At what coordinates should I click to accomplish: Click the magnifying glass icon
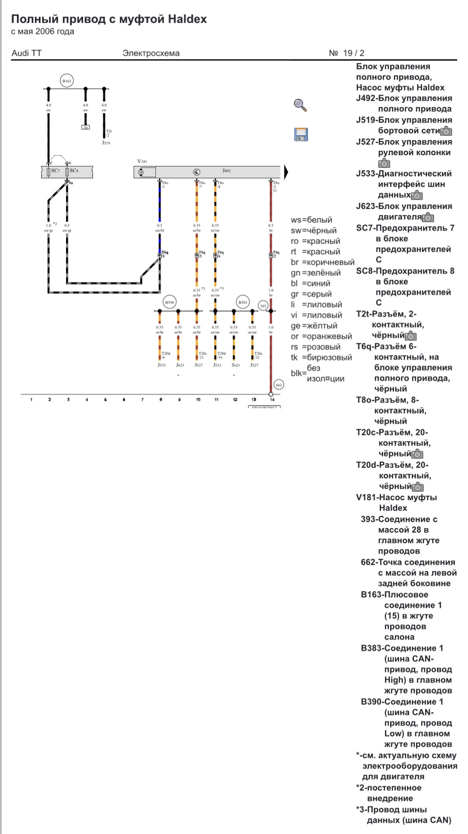[x=301, y=105]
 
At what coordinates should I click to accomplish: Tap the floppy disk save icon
[x=301, y=134]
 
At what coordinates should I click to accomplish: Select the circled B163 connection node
[x=67, y=81]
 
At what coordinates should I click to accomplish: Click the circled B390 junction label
[x=169, y=302]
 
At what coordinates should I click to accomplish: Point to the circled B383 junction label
[x=242, y=302]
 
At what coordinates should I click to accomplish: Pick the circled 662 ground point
[x=279, y=385]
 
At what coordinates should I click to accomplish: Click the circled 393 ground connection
[x=263, y=306]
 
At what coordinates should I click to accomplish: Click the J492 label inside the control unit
[x=226, y=171]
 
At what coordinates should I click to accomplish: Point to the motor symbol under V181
[x=141, y=172]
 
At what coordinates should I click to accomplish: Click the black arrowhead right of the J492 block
[x=286, y=172]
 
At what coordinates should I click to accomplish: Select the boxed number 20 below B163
[x=85, y=127]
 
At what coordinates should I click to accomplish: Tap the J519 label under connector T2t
[x=106, y=142]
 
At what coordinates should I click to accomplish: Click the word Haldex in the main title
[x=187, y=19]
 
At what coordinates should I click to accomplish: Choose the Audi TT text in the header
[x=26, y=53]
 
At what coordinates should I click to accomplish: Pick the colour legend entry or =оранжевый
[x=321, y=336]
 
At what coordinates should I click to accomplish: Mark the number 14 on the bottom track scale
[x=272, y=400]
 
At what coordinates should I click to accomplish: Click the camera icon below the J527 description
[x=384, y=163]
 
